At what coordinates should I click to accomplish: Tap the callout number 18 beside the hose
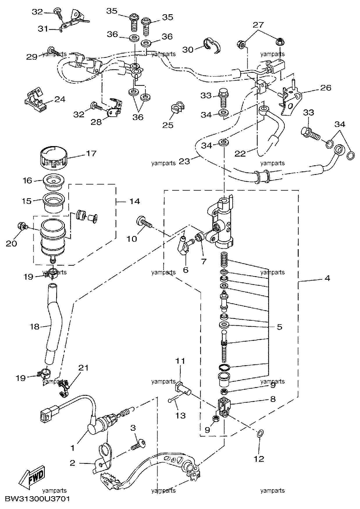point(35,327)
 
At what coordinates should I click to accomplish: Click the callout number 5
point(279,327)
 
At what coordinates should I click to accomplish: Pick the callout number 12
point(259,459)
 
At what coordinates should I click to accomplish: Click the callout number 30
point(188,49)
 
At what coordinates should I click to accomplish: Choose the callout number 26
point(326,88)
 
